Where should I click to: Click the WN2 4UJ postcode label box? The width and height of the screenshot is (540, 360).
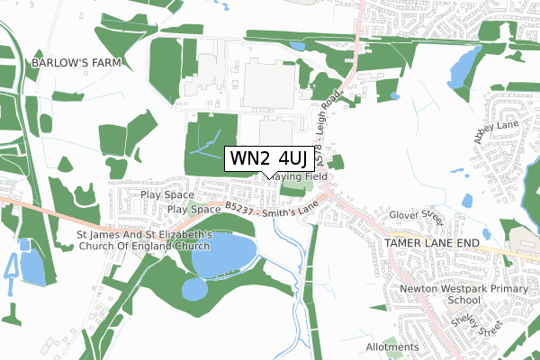click(x=269, y=158)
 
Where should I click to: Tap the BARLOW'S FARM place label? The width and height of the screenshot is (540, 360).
click(x=76, y=63)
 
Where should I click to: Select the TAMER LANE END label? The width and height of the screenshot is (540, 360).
click(x=428, y=243)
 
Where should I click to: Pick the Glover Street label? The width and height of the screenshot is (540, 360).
click(x=418, y=218)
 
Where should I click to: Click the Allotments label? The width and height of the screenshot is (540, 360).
click(x=392, y=346)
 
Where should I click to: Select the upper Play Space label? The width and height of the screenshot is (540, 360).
click(x=167, y=194)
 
